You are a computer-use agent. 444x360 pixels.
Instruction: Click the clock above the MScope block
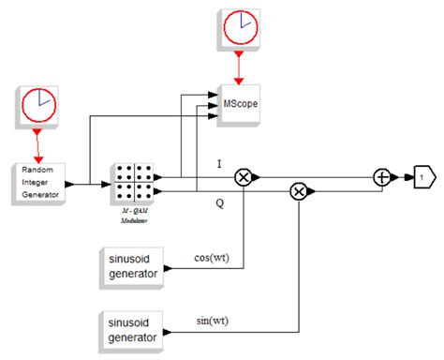click(x=241, y=27)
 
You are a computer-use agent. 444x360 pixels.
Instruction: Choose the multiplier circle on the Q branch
click(x=298, y=191)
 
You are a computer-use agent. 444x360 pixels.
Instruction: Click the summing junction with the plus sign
click(x=382, y=175)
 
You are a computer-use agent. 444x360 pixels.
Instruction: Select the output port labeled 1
click(x=422, y=175)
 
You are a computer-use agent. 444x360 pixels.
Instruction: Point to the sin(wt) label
click(x=213, y=321)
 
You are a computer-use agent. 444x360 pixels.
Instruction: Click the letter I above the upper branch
click(x=219, y=163)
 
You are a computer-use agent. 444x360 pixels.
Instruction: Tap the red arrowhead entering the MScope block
click(x=241, y=76)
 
